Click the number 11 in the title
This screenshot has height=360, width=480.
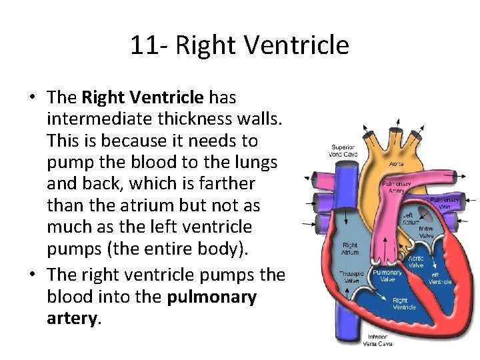pyautogui.click(x=143, y=45)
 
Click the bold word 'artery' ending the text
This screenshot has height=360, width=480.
pyautogui.click(x=72, y=318)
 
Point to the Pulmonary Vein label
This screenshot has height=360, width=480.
pyautogui.click(x=445, y=203)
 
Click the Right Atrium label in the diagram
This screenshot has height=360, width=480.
pyautogui.click(x=350, y=249)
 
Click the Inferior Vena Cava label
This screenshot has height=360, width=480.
pyautogui.click(x=377, y=340)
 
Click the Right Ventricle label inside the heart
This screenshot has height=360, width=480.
pyautogui.click(x=405, y=303)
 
